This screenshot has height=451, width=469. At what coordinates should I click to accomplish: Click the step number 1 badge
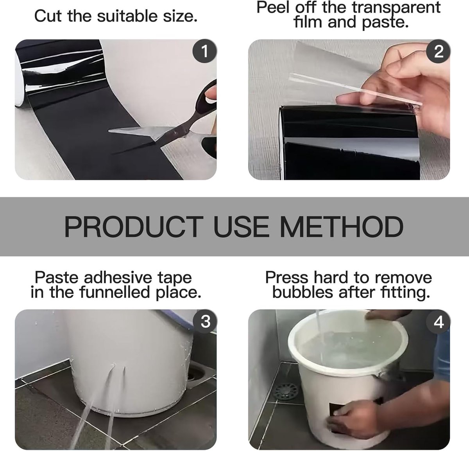(x=204, y=51)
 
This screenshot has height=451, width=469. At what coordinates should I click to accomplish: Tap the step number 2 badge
(x=438, y=51)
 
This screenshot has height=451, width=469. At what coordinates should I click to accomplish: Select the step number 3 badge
(x=205, y=322)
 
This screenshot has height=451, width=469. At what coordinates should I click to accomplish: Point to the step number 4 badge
(x=438, y=322)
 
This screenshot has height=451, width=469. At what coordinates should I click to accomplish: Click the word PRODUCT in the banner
(x=134, y=227)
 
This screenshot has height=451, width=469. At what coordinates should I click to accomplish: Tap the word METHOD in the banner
(x=342, y=227)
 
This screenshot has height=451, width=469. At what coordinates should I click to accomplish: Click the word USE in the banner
(x=241, y=227)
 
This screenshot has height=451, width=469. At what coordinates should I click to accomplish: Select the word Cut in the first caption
(x=48, y=16)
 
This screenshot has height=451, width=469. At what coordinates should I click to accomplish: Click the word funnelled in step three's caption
(x=115, y=292)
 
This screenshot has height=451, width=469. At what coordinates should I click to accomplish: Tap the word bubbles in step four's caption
(x=303, y=292)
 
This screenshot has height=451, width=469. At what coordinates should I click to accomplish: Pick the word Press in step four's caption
(x=287, y=277)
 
